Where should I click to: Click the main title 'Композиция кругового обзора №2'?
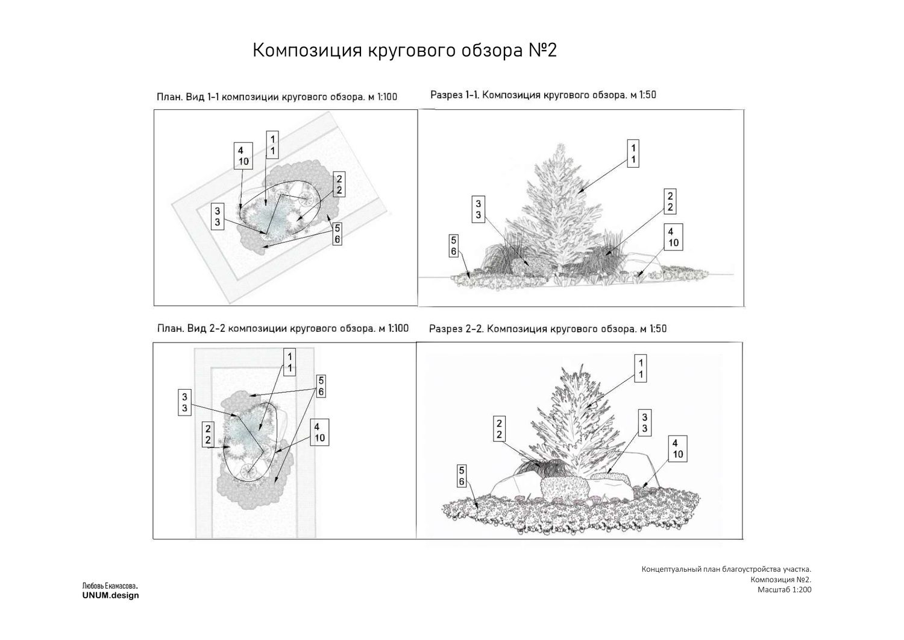tap(404, 51)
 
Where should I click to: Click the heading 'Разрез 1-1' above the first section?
tap(455, 95)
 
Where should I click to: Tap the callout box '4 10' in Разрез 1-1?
tap(673, 237)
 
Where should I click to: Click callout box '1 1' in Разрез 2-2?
tap(641, 368)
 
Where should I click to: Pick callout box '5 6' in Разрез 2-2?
tap(462, 476)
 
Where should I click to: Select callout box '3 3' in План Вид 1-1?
tap(218, 216)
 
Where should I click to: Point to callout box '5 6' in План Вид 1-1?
tap(337, 233)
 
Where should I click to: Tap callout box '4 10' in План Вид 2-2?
tap(319, 432)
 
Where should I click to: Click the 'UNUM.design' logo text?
tap(110, 595)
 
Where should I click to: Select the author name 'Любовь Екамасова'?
tap(110, 586)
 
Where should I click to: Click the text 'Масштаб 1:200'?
tap(784, 589)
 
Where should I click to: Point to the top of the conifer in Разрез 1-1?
tap(560, 144)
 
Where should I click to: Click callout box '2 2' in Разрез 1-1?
tap(670, 201)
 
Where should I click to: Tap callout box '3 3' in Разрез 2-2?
tap(644, 423)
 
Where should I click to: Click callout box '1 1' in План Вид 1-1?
tap(272, 145)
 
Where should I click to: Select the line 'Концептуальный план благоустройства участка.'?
tap(726, 569)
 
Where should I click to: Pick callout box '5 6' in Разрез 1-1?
tap(454, 246)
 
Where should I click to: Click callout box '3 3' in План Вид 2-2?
tap(184, 402)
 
